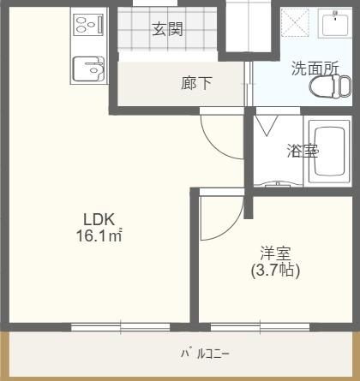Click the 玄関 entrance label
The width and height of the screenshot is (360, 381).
tap(167, 30)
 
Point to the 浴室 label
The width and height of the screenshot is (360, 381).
tap(302, 152)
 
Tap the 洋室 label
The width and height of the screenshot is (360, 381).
tap(276, 254)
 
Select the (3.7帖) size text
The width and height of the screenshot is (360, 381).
tap(276, 271)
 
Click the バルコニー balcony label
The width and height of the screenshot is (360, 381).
tap(204, 354)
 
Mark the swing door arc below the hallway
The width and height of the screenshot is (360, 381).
tap(221, 135)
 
